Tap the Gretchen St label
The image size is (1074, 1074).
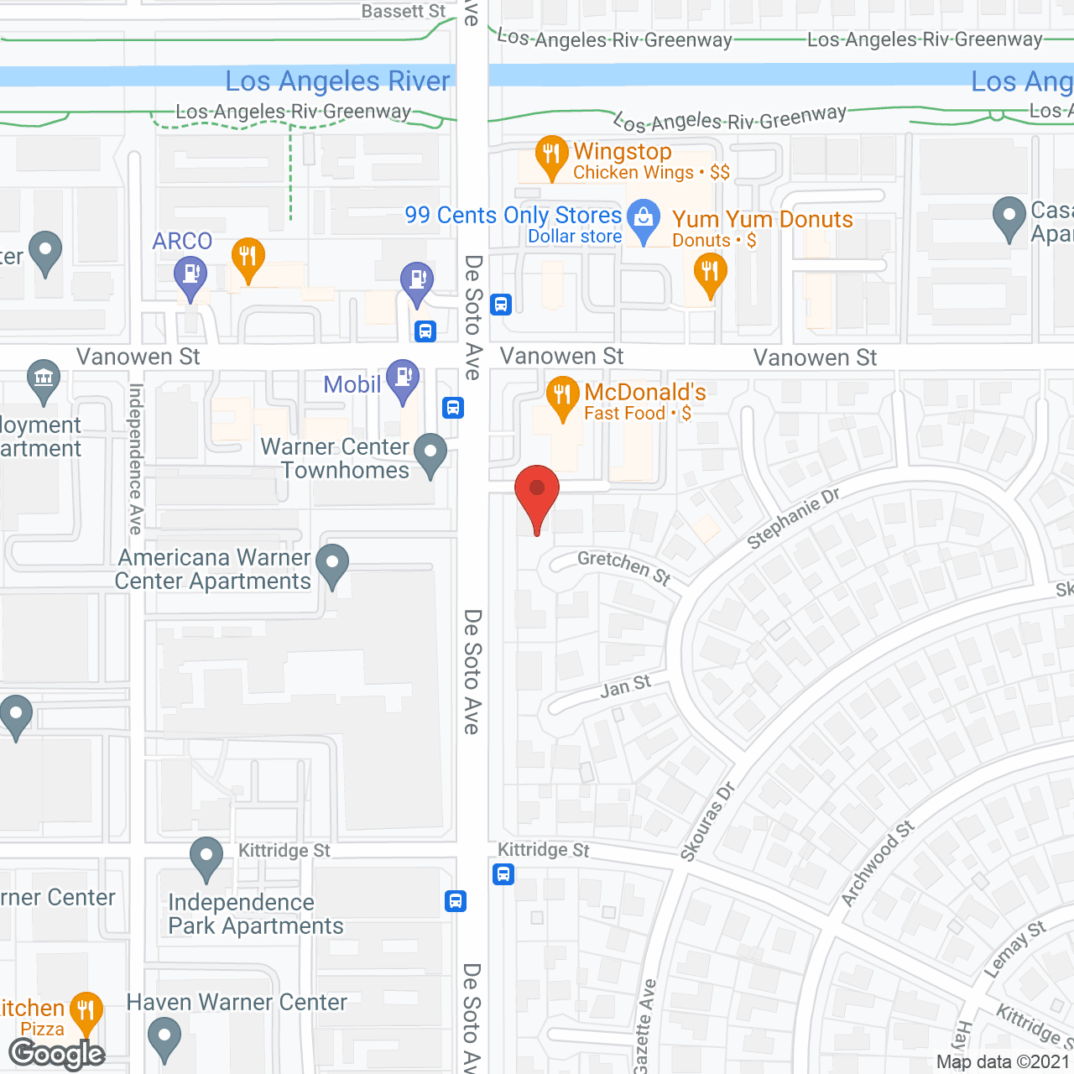tap(624, 567)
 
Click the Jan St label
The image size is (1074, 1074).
tap(625, 687)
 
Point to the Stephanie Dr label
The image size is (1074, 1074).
tap(793, 519)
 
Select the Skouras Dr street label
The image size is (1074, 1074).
tap(707, 821)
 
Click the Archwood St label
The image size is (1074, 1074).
tap(877, 864)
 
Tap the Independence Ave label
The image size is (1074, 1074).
tap(136, 459)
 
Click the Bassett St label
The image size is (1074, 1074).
tap(404, 12)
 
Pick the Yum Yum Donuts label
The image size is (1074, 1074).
tap(762, 220)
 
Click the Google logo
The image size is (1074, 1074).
tap(57, 1054)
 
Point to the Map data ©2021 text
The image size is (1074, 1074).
tap(1004, 1062)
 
